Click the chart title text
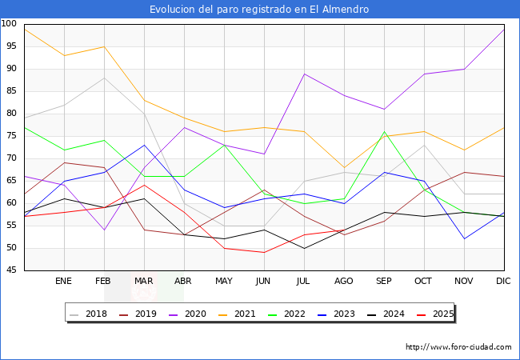pos(260,10)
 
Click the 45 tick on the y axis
pos(12,270)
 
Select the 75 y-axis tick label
pos(12,136)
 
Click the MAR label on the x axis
pos(144,282)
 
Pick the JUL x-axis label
pos(304,282)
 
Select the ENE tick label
pos(64,282)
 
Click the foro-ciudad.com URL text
pos(458,347)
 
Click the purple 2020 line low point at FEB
pos(104,230)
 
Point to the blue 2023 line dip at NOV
pos(464,238)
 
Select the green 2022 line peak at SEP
pos(384,131)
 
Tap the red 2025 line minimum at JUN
pos(264,252)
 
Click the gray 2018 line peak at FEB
pos(104,78)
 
